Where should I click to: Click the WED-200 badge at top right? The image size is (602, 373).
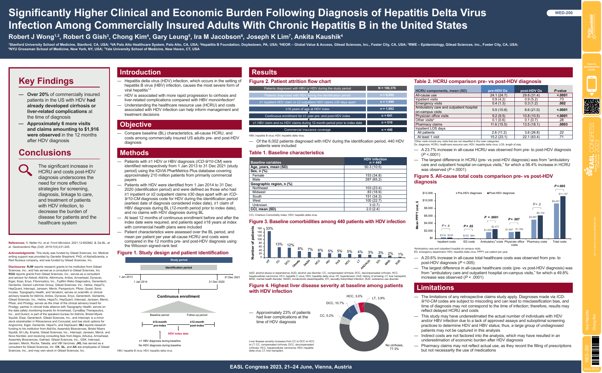564,13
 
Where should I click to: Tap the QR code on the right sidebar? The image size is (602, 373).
591,107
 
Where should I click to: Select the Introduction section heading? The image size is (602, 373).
140,72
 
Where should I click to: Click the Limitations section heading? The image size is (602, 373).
435,288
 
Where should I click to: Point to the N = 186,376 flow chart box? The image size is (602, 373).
387,88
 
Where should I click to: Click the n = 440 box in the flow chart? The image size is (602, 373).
387,130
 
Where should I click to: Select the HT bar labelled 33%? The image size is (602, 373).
269,244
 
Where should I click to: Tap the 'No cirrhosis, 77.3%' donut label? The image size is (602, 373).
394,347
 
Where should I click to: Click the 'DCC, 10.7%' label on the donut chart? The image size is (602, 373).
335,303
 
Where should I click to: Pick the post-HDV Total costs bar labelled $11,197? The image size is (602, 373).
563,217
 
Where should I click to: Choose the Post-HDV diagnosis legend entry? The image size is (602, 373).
501,193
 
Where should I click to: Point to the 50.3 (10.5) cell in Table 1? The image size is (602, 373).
373,167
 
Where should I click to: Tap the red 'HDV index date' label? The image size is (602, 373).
178,334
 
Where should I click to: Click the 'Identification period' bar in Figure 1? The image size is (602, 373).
178,268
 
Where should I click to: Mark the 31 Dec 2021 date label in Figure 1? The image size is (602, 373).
232,277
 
